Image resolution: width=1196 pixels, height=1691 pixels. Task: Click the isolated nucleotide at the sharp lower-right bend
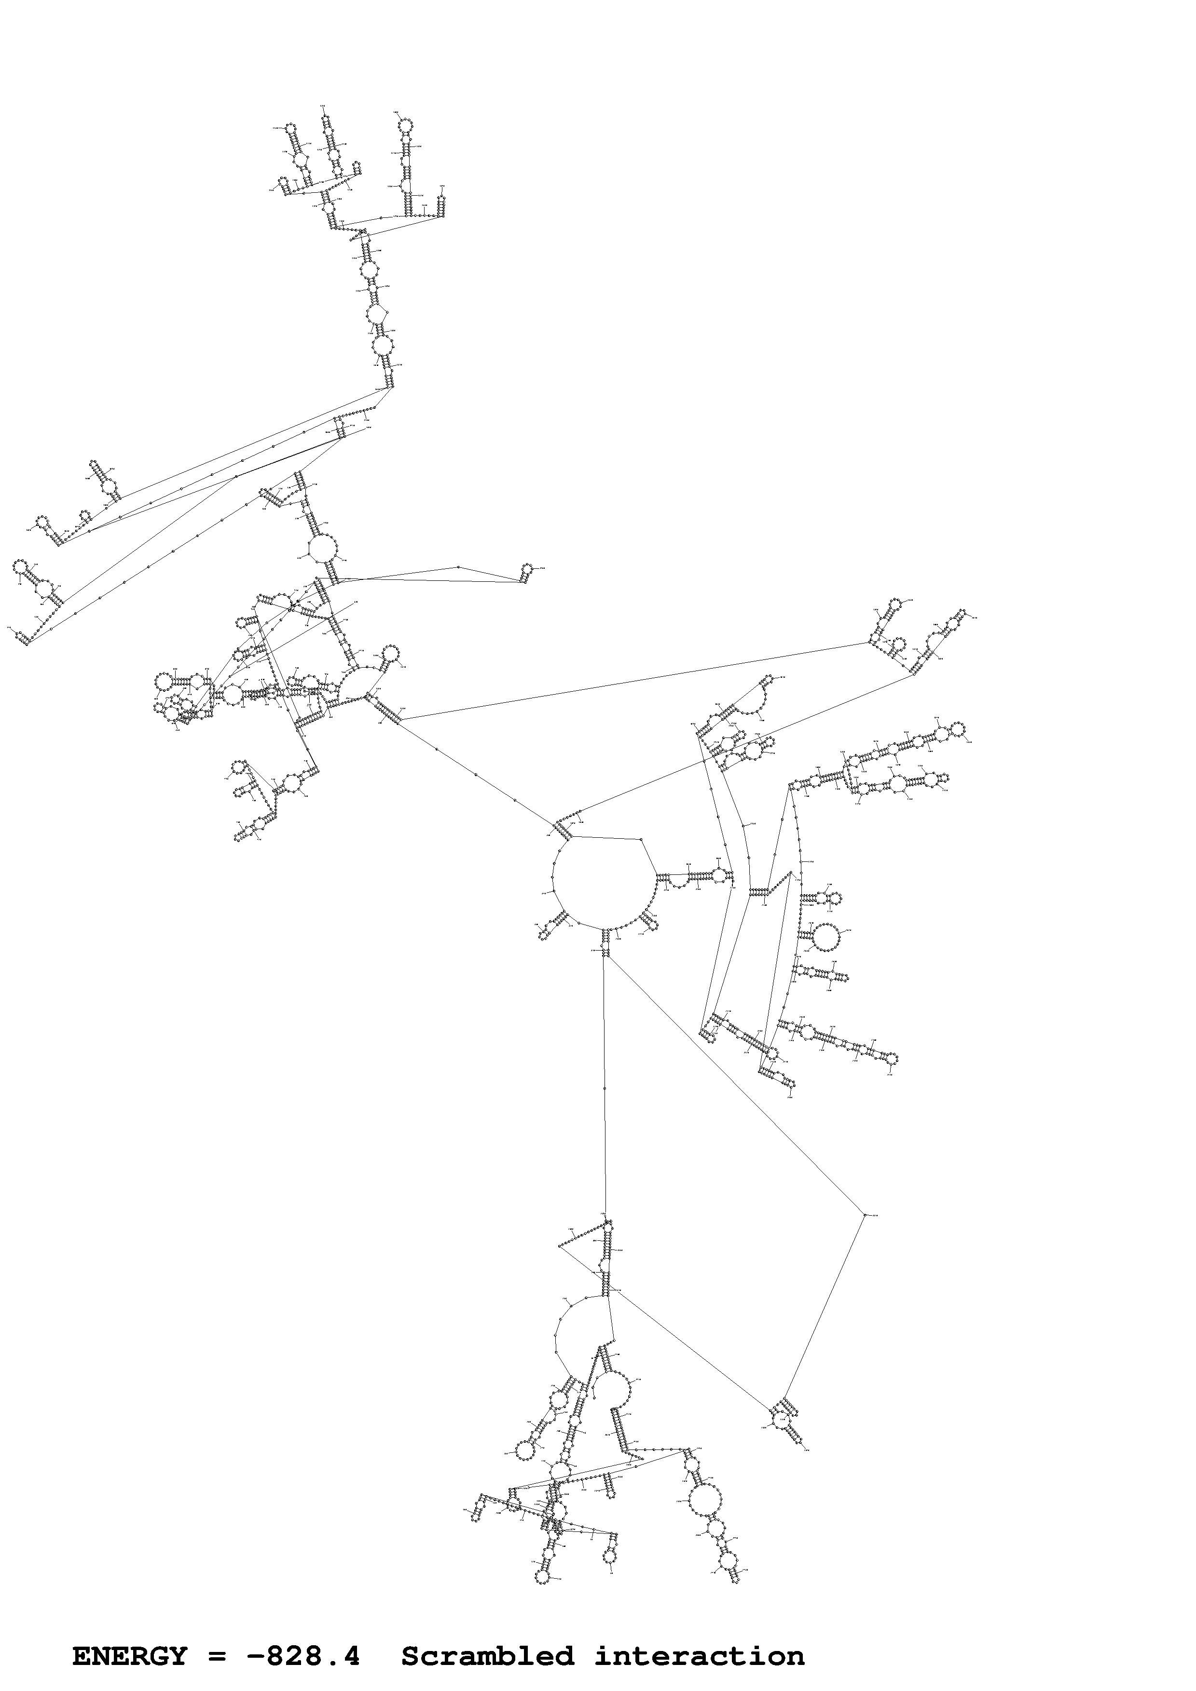click(x=865, y=1214)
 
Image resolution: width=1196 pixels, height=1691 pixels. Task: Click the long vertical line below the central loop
click(x=604, y=1090)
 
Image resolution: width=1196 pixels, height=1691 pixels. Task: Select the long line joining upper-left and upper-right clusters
click(x=634, y=681)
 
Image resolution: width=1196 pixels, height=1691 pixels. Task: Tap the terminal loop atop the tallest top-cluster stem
click(x=405, y=126)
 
